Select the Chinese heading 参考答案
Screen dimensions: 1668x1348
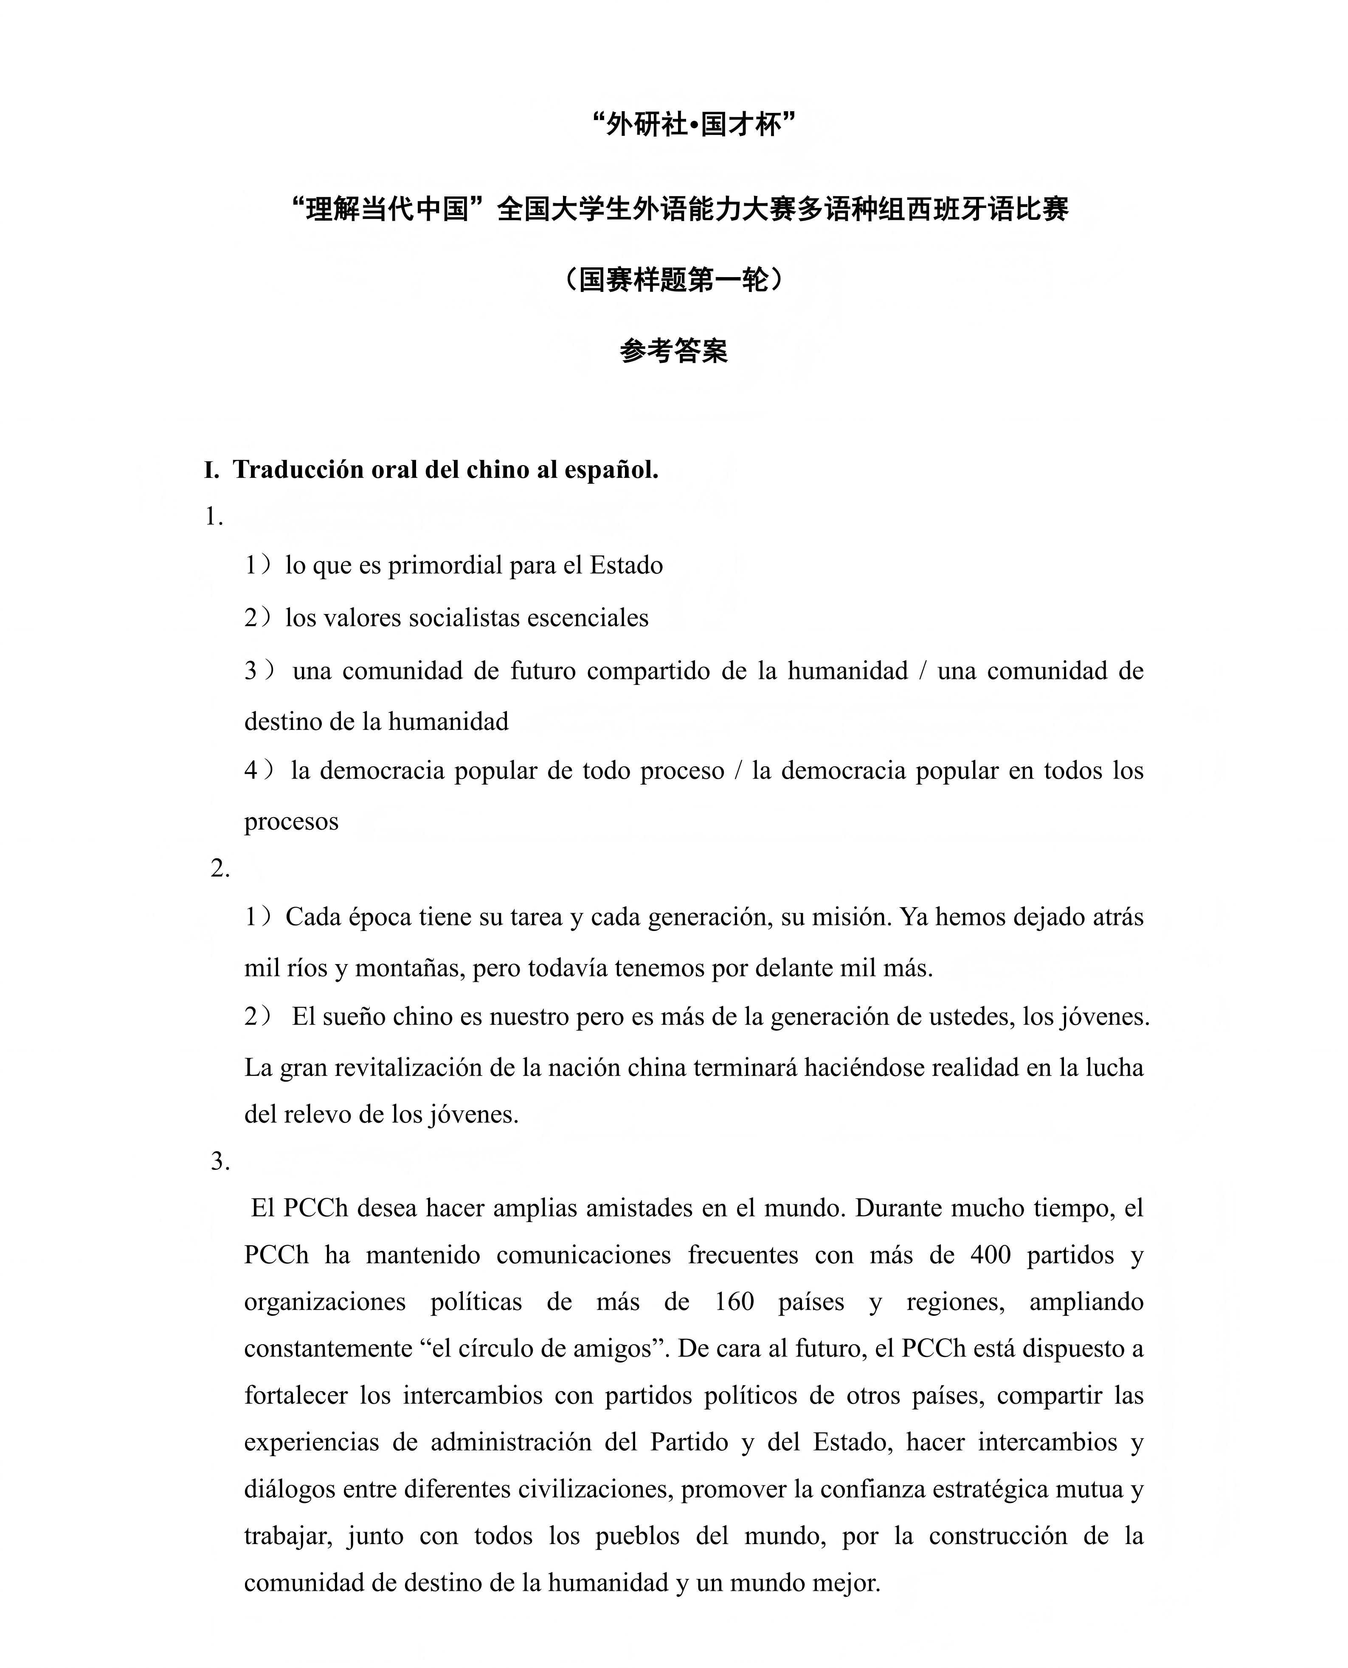(673, 351)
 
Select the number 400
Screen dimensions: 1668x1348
(990, 1255)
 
